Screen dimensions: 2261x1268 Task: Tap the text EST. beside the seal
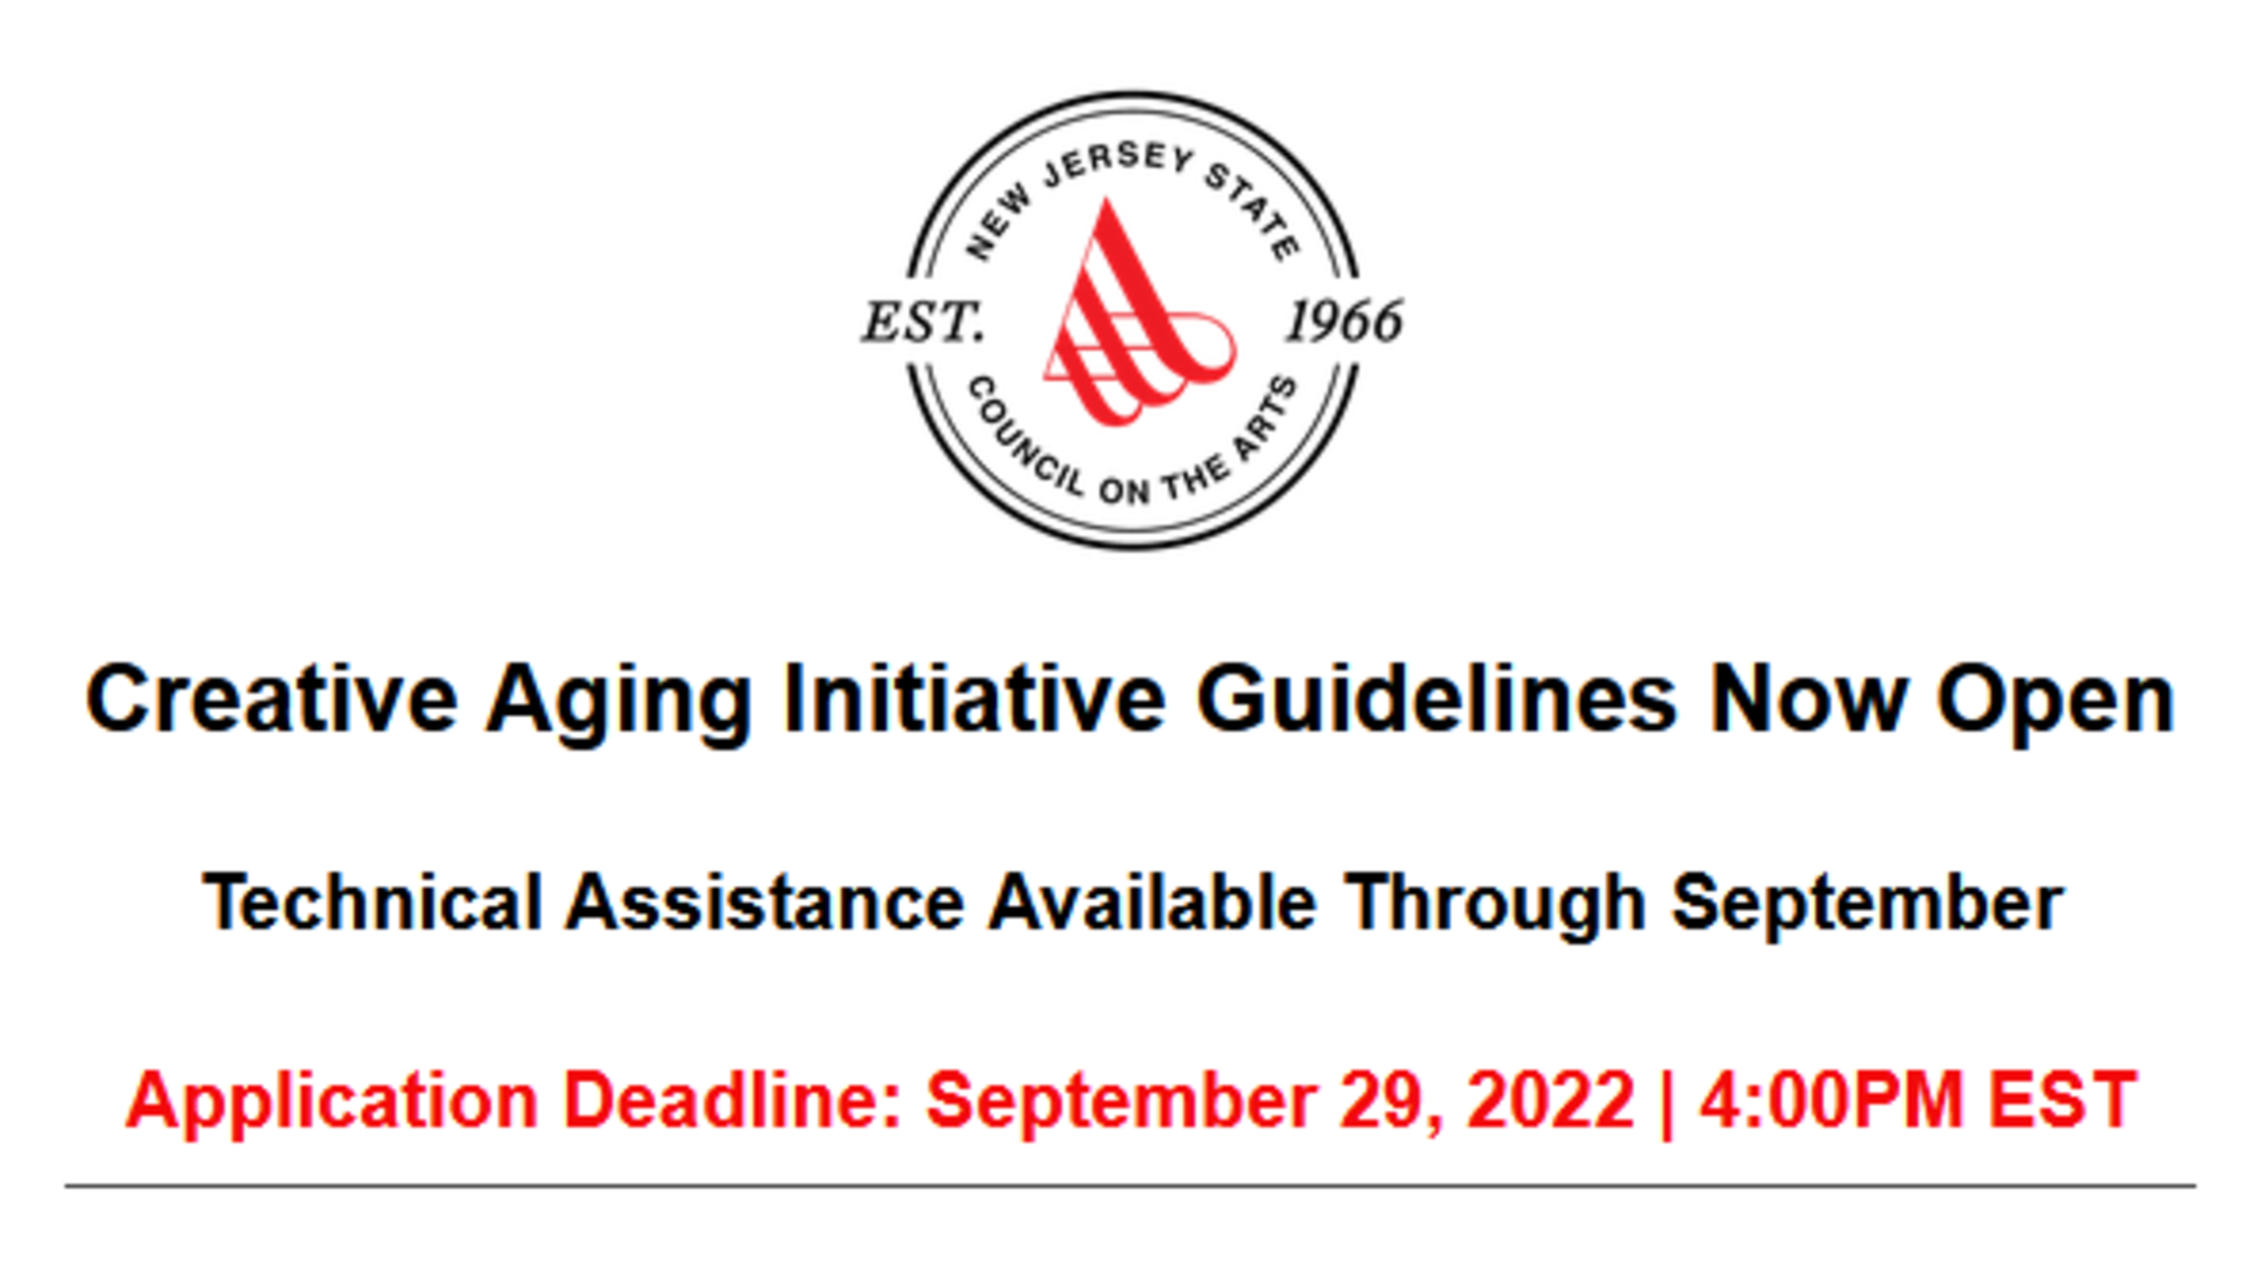click(923, 322)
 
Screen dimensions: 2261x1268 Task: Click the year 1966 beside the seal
click(1344, 321)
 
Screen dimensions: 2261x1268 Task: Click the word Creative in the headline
click(271, 698)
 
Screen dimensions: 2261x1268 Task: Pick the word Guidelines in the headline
click(1437, 698)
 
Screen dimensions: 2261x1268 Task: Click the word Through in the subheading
click(1494, 906)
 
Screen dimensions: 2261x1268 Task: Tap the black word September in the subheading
click(1867, 906)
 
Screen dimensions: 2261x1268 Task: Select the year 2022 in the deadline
click(1551, 1099)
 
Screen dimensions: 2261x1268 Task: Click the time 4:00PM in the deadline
click(1831, 1099)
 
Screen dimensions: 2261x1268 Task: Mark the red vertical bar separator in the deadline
click(1668, 1104)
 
